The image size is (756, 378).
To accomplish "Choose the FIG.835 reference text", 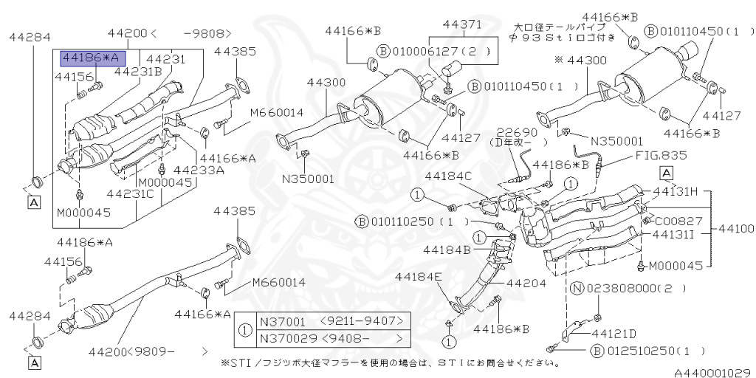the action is tap(661, 156).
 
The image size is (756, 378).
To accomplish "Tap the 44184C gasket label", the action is tap(448, 176).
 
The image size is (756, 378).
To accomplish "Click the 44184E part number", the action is tap(418, 277).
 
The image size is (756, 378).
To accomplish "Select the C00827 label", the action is tap(678, 220).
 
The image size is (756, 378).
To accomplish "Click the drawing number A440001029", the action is tap(712, 373).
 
